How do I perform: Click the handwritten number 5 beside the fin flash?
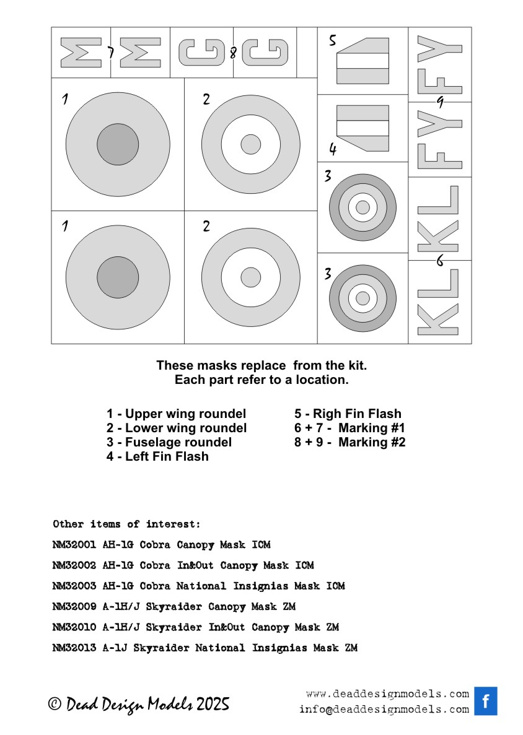[x=333, y=41]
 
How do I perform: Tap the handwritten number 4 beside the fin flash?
[x=333, y=149]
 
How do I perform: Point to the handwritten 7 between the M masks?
[x=110, y=53]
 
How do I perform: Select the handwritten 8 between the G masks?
[x=233, y=53]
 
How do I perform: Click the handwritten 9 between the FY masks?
[x=439, y=102]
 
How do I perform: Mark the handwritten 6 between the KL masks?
[x=440, y=260]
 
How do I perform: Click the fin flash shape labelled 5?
[x=363, y=60]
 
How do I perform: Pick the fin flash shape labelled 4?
[x=363, y=128]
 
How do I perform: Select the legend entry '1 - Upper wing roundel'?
[x=176, y=414]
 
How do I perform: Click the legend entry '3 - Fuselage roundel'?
[x=169, y=442]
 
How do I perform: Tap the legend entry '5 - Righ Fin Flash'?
[x=348, y=414]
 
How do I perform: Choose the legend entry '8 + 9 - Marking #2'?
[x=349, y=442]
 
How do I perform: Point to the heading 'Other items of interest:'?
[x=126, y=524]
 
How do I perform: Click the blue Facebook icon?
[x=486, y=701]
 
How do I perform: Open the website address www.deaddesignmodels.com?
[x=387, y=694]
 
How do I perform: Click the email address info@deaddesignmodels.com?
[x=384, y=710]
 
